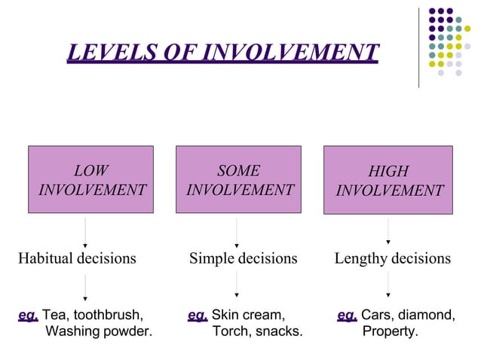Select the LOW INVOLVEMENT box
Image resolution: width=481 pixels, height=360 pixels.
[90, 180]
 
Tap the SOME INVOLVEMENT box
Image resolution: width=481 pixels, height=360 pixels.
[238, 180]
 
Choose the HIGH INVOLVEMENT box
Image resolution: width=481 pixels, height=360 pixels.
[388, 181]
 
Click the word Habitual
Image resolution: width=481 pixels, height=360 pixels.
[46, 258]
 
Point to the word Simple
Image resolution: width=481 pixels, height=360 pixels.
[212, 258]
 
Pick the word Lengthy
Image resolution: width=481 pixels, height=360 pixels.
[361, 258]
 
